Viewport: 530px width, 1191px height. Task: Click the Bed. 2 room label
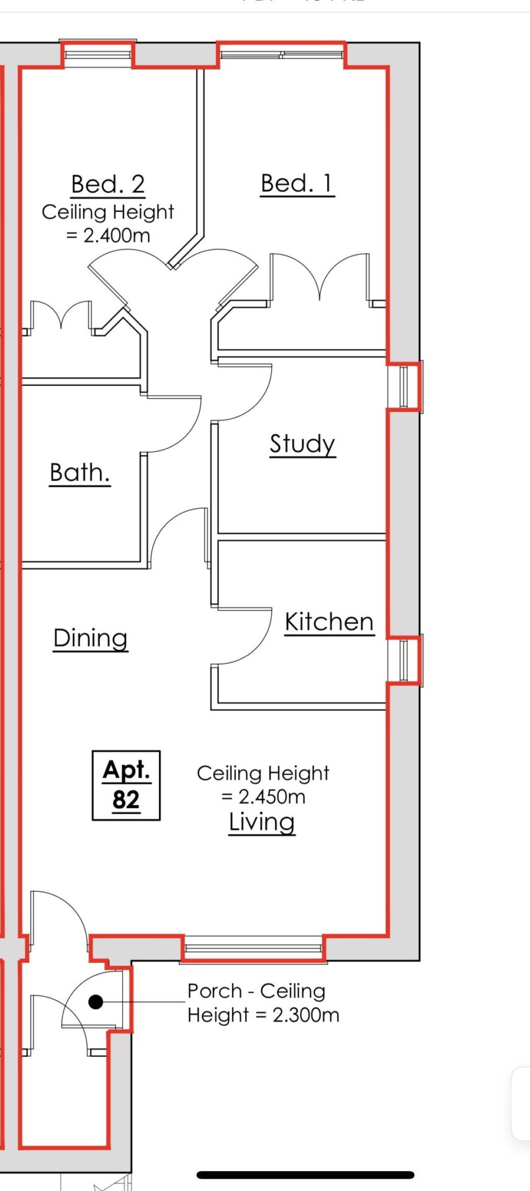tap(108, 184)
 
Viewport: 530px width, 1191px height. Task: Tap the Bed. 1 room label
tap(297, 184)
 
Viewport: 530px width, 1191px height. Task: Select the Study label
tap(303, 445)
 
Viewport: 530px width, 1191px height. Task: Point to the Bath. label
tap(80, 473)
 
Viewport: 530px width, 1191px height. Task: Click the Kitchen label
tap(330, 622)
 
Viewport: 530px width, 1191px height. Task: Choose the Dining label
tap(91, 639)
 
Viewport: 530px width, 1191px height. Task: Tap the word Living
tap(262, 823)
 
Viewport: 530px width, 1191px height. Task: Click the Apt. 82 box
tap(126, 785)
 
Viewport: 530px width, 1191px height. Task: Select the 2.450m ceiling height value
tap(272, 796)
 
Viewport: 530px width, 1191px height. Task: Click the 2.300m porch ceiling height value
tap(306, 1015)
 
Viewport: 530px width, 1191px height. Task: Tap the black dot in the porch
tap(96, 1002)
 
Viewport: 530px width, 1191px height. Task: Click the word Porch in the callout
tap(215, 991)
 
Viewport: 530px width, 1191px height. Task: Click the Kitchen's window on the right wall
tap(404, 660)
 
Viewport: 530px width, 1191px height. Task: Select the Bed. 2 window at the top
tap(98, 55)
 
